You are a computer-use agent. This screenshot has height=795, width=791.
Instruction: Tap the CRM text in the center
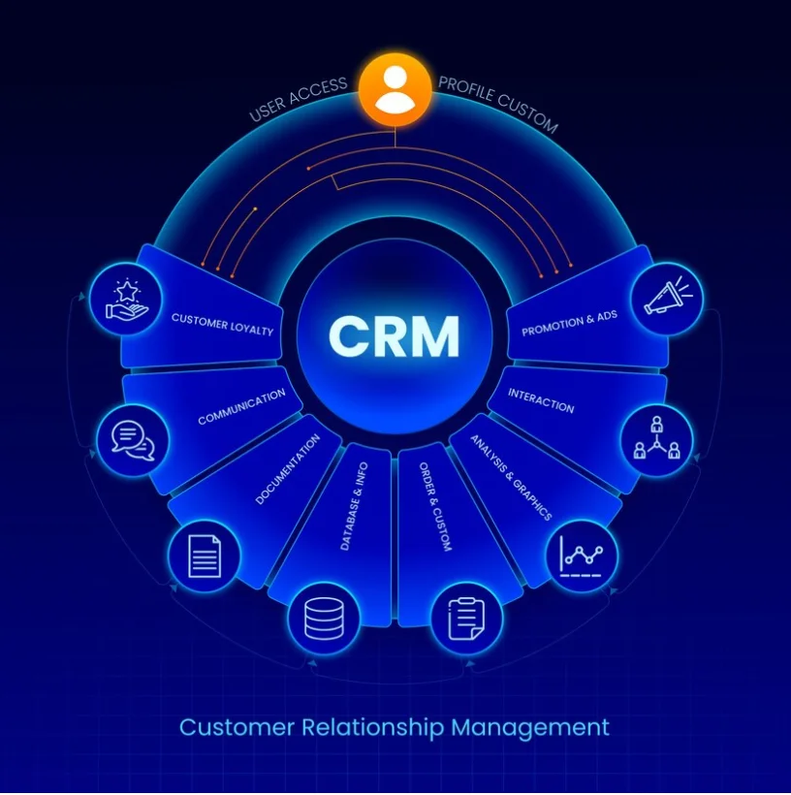point(394,336)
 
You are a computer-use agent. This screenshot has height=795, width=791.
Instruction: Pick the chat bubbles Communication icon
point(133,439)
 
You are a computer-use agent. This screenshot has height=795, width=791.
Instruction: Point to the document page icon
point(204,556)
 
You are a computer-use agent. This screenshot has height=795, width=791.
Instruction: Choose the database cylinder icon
point(324,616)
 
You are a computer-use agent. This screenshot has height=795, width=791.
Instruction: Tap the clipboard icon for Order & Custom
point(466,617)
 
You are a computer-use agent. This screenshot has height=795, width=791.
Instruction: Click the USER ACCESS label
point(298,100)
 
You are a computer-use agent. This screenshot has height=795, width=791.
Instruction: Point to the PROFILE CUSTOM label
point(497,103)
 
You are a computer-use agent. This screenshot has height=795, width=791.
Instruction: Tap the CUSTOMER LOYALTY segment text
point(222,323)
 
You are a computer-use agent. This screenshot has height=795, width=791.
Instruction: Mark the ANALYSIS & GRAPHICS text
point(511,476)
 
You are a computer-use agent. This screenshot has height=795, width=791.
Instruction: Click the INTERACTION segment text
point(542,401)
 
